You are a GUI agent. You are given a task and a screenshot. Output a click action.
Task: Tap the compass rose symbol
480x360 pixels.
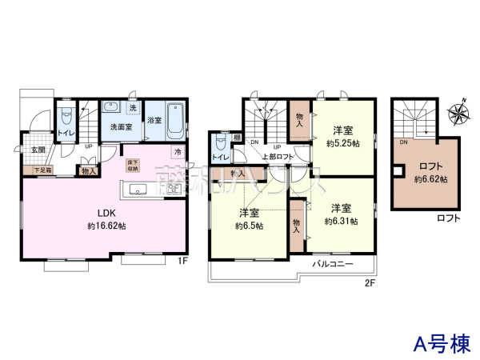[x=458, y=113]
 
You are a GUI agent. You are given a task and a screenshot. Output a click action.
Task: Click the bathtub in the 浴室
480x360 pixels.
[x=176, y=119]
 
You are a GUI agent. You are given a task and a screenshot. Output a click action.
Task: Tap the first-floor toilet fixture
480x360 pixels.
[x=66, y=118]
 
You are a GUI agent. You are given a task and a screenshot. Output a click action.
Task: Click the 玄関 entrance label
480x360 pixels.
[x=38, y=150]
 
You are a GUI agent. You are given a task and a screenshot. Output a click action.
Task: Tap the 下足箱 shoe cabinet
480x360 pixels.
[x=42, y=170]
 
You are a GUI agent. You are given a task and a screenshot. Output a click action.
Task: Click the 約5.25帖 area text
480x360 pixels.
[x=343, y=144]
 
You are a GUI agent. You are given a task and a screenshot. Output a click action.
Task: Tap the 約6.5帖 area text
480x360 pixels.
[x=249, y=226]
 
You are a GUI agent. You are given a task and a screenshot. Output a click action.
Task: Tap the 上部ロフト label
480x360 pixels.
[x=278, y=157]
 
